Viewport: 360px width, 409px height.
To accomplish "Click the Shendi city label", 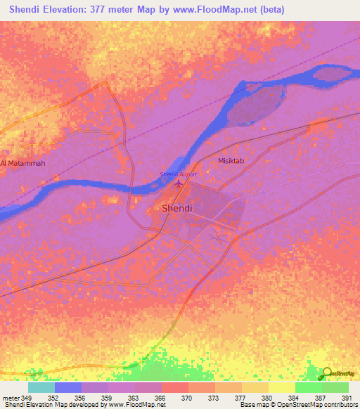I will point(176,209).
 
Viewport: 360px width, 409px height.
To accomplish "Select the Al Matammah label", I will point(22,163).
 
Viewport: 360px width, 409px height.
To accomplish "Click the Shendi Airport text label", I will point(178,174).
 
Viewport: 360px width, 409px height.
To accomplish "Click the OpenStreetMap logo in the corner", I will point(337,373).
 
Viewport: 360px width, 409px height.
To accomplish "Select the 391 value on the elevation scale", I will point(346,397).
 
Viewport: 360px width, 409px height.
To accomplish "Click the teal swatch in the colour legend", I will point(41,387).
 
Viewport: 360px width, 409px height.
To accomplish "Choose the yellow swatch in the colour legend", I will point(281,387).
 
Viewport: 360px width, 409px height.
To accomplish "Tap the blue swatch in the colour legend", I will point(68,387).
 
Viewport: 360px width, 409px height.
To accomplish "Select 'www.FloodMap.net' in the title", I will point(227,10).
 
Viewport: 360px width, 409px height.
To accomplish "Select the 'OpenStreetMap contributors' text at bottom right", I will point(316,405).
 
